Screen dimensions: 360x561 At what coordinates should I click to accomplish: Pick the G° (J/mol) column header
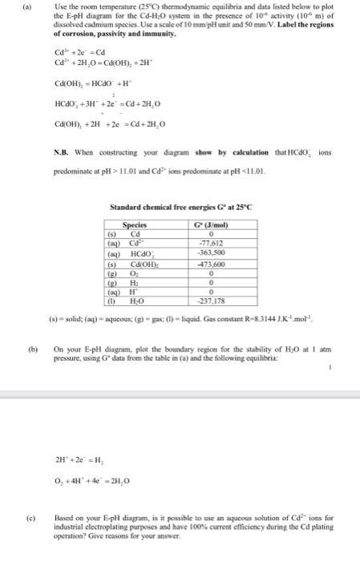click(210, 203)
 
